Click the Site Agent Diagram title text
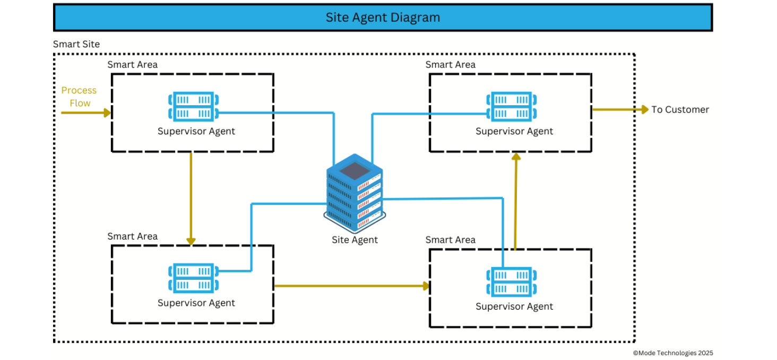[383, 18]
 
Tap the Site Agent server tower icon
[355, 193]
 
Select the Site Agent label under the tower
[355, 240]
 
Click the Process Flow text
[79, 97]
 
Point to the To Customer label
[680, 110]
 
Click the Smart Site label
[76, 45]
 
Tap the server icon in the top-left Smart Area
[194, 107]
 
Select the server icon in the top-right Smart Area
[512, 107]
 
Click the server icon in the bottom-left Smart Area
[194, 278]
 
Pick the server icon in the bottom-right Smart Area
[512, 282]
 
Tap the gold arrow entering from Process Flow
[85, 113]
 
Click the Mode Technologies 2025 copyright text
[672, 353]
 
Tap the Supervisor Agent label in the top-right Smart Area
[514, 132]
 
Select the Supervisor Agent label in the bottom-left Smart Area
[196, 303]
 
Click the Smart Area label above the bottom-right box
[450, 240]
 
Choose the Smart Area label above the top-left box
[132, 65]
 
